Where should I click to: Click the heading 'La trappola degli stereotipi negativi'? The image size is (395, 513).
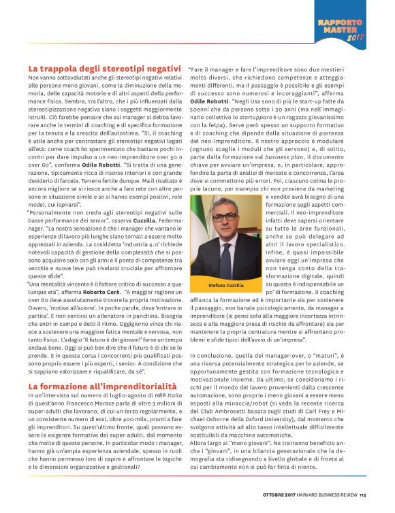[104, 69]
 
